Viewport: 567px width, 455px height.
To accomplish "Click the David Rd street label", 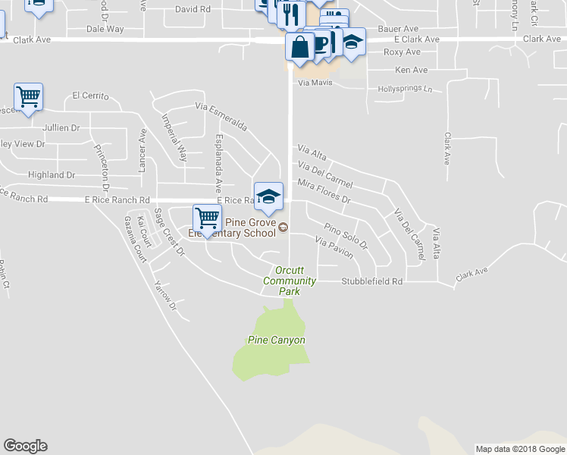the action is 193,9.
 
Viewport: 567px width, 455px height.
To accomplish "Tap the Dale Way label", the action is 105,29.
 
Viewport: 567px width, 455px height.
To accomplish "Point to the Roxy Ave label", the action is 402,52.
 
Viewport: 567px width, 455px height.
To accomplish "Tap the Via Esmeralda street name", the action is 221,116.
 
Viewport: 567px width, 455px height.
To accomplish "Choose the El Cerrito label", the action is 91,96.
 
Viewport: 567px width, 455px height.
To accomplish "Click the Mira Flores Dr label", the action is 324,192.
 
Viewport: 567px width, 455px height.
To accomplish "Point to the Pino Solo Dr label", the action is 346,236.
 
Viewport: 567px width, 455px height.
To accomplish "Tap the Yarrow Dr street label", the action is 164,297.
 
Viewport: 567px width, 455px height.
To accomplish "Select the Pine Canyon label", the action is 277,340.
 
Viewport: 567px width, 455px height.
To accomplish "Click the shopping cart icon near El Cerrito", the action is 28,97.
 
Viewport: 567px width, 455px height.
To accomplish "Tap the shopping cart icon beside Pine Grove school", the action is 207,218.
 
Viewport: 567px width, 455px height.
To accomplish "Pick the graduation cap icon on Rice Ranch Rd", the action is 268,196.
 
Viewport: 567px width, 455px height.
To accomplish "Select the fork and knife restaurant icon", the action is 290,13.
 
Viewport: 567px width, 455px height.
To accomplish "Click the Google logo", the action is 25,446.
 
